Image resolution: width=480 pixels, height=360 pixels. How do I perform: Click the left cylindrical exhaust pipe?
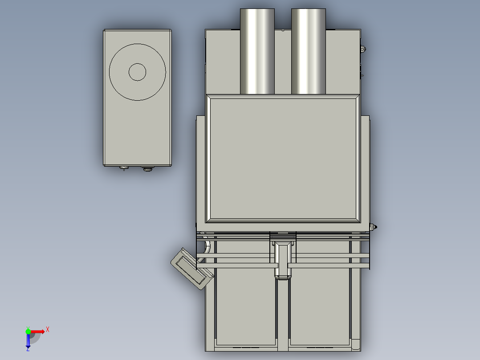coord(257,51)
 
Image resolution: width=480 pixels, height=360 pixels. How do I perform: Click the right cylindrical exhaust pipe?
coord(309,51)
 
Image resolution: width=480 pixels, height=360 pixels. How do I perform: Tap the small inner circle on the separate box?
coord(137,72)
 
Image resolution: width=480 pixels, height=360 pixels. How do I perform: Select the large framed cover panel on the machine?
coord(283,158)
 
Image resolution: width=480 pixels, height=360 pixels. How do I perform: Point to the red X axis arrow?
coord(38,331)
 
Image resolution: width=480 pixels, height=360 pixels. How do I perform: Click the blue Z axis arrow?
coord(28,341)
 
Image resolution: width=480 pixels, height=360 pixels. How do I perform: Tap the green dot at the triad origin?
coord(28,331)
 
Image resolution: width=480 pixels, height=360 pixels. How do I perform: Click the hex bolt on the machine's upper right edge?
coord(362,49)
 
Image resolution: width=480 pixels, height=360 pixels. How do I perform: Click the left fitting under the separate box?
coord(123,168)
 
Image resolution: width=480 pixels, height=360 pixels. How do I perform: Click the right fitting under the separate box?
coord(147,168)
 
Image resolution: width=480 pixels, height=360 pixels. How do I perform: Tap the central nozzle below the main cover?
coord(283,261)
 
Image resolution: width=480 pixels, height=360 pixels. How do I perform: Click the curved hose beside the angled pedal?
coord(206,251)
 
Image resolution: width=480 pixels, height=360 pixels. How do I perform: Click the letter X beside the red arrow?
coord(48,330)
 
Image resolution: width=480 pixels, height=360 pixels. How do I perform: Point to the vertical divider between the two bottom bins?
coord(283,312)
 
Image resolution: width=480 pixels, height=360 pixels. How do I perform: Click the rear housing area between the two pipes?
coord(283,62)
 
